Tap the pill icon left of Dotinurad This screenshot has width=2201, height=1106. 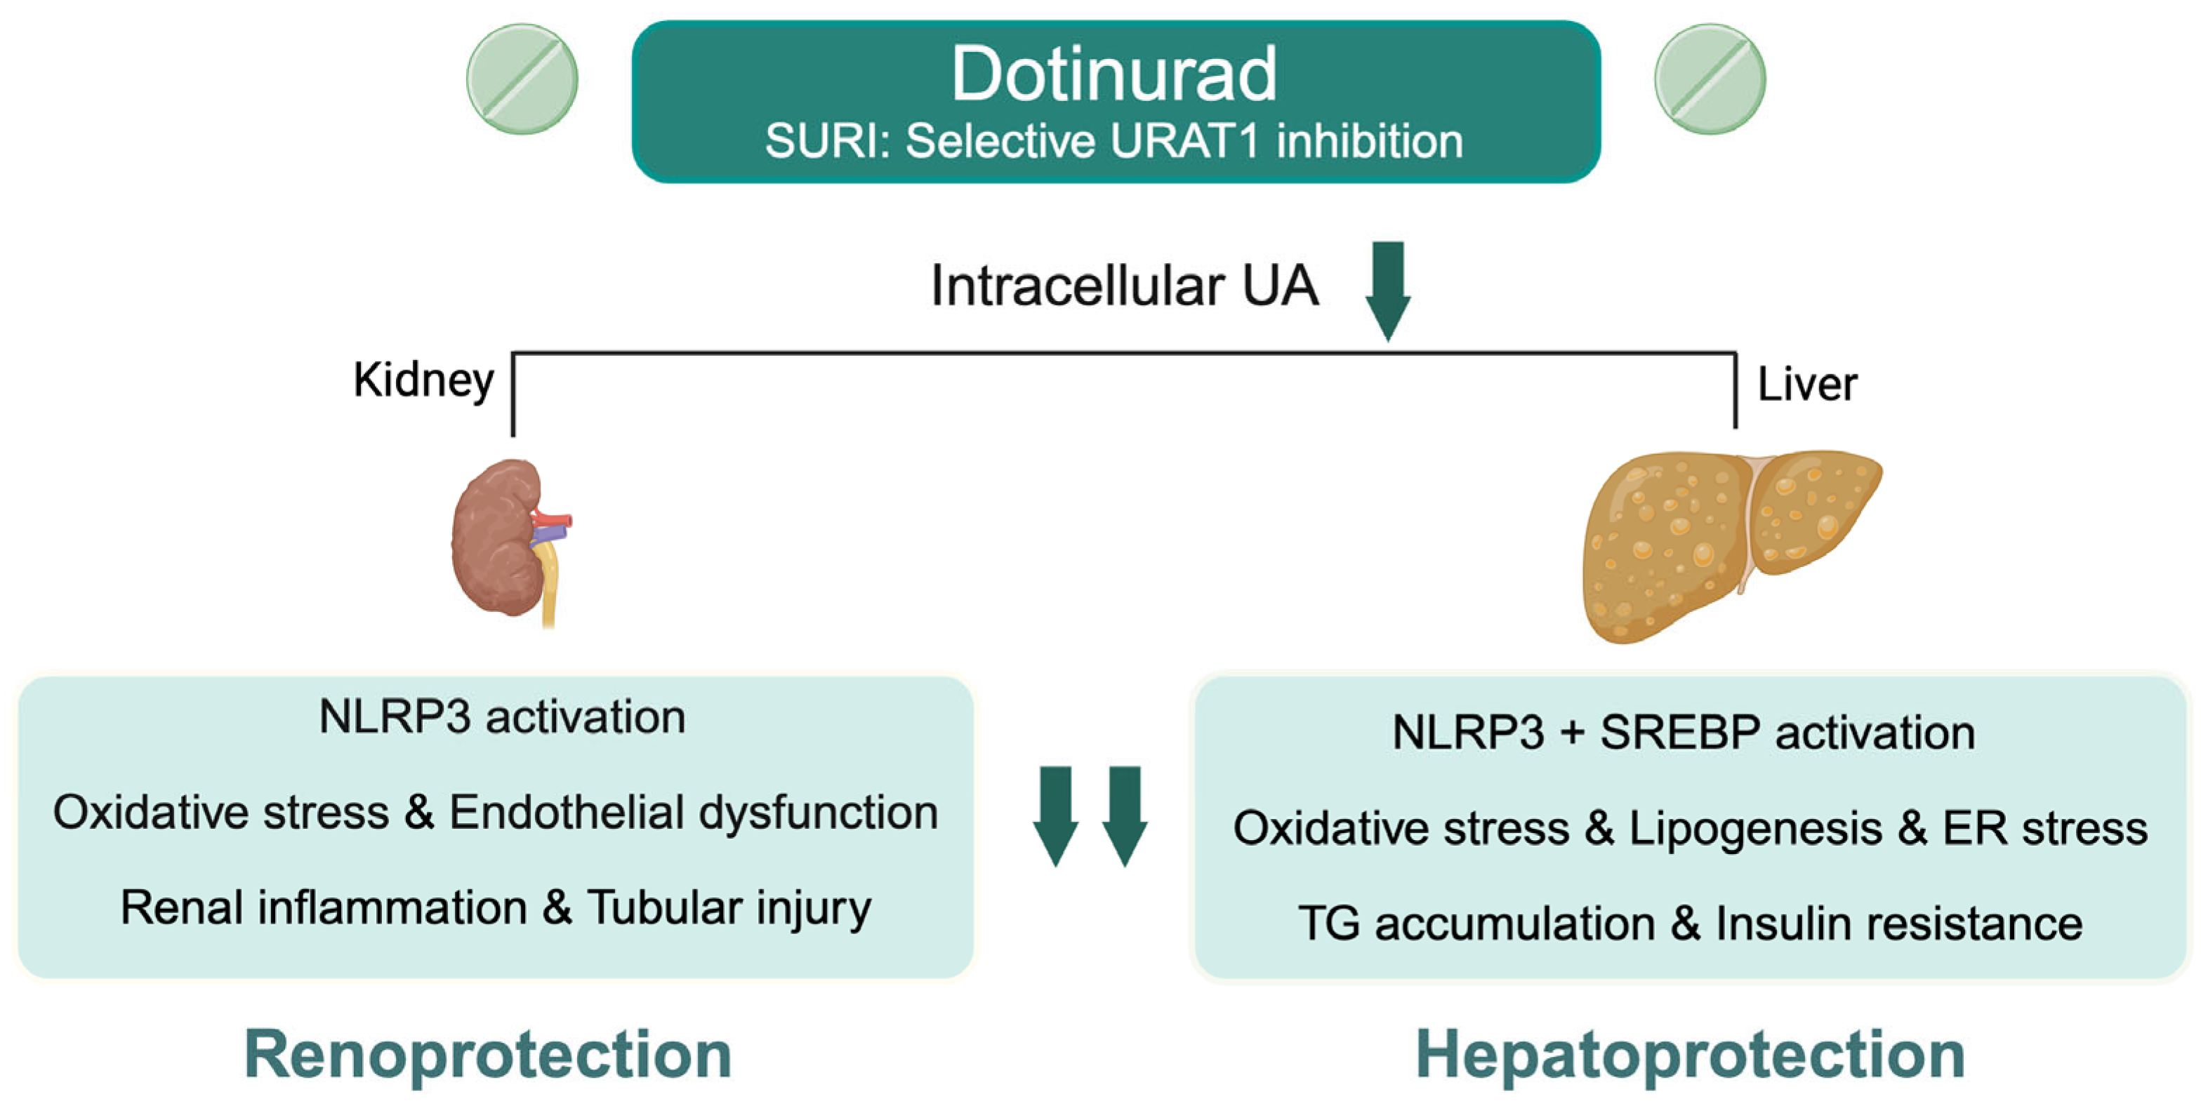pyautogui.click(x=522, y=79)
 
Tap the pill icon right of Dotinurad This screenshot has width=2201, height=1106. pyautogui.click(x=1710, y=79)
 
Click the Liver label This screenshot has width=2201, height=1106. pyautogui.click(x=1806, y=385)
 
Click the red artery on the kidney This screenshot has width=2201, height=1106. pyautogui.click(x=554, y=519)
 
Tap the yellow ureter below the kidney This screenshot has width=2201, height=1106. pyautogui.click(x=550, y=589)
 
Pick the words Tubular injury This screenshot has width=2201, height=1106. pyautogui.click(x=728, y=908)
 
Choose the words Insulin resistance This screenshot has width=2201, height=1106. pyautogui.click(x=1898, y=924)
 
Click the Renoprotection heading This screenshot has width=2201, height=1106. pyautogui.click(x=488, y=1055)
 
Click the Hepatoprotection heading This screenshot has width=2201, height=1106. pyautogui.click(x=1690, y=1055)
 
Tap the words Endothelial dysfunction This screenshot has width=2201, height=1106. pyautogui.click(x=693, y=812)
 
